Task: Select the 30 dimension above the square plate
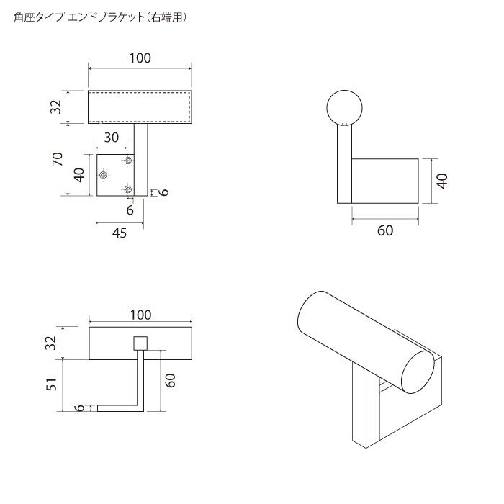pos(112,138)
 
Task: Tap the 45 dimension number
pos(120,234)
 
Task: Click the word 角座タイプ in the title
pos(38,18)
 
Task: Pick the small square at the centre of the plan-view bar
pos(140,343)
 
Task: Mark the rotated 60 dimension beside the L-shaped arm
pos(171,381)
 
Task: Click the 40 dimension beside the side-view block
pos(442,181)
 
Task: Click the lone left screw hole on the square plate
pos(104,175)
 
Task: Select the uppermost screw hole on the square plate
pos(128,160)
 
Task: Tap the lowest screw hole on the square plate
pos(128,189)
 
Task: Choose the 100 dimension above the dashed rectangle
pos(140,58)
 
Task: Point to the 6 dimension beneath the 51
pos(81,408)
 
